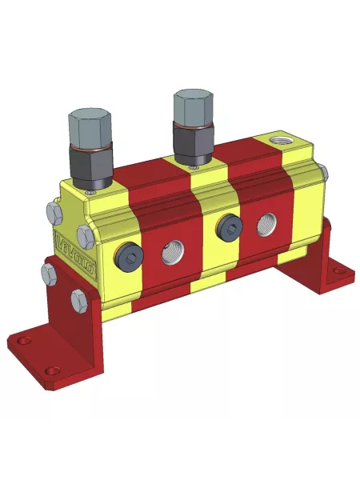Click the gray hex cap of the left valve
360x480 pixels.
tap(89, 126)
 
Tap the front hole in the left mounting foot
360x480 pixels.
tap(52, 371)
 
